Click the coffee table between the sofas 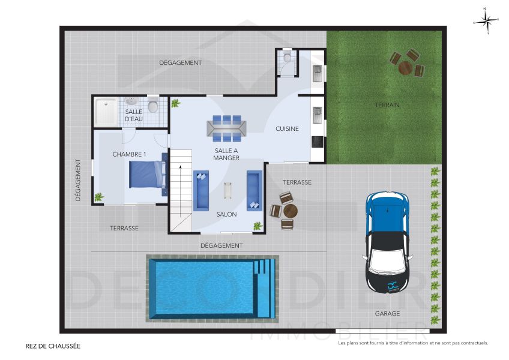(227, 191)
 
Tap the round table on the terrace (290, 211)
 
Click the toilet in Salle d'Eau (154, 107)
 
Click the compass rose (487, 21)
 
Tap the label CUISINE (287, 129)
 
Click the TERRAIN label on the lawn (387, 105)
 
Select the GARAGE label (388, 313)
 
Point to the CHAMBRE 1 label (129, 155)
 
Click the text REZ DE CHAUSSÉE (53, 346)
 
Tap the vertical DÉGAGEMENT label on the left (78, 179)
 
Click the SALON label (226, 214)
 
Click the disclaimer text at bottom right (413, 343)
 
